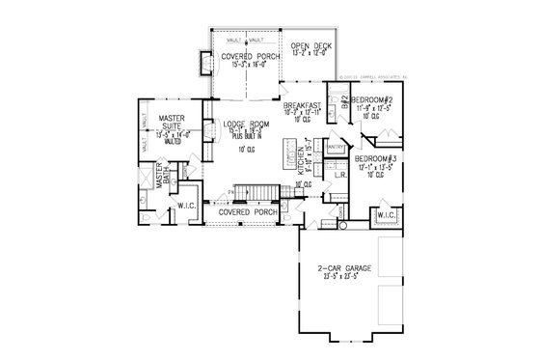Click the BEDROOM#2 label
(x=369, y=100)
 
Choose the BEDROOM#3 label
(x=374, y=156)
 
